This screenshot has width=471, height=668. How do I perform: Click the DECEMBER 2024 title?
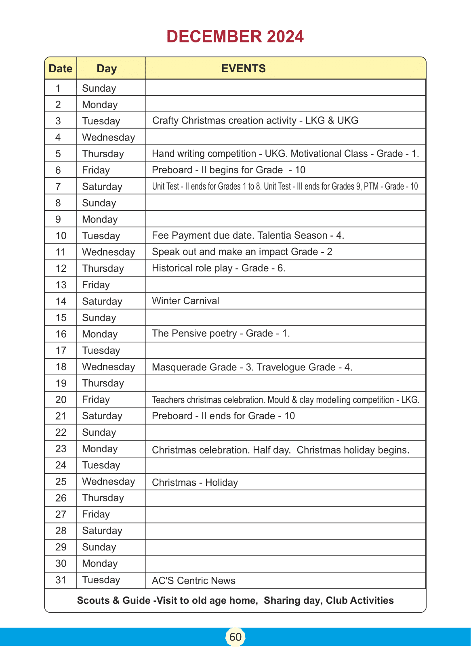pos(235,37)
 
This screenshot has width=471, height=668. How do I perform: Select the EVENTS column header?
pos(243,69)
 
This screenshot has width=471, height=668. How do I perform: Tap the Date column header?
pos(61,69)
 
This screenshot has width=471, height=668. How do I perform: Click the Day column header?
pos(107,69)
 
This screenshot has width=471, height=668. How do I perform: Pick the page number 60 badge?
pos(235,637)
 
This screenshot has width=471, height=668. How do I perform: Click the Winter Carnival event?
pos(185,301)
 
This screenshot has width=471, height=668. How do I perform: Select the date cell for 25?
pos(61,482)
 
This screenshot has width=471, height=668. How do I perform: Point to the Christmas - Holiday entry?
pos(195,483)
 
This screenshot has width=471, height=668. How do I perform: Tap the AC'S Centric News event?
pos(193,581)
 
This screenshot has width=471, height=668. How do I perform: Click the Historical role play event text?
pos(219,268)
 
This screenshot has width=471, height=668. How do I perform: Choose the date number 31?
pos(61,580)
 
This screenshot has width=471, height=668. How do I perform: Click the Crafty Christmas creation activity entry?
pos(255,121)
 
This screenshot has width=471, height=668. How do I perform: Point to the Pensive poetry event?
pos(221,334)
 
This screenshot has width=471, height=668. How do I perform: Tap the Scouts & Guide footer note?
pos(235,601)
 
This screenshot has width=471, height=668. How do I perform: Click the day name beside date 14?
pos(102,301)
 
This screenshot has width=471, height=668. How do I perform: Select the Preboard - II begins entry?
pos(229,170)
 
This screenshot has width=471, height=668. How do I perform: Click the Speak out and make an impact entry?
pos(242,252)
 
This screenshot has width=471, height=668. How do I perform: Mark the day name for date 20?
pos(96,399)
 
